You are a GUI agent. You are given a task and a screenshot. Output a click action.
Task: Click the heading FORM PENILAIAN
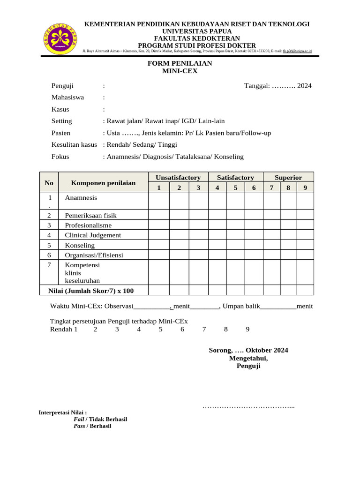(180, 63)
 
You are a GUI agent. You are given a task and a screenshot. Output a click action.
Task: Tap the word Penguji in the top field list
(62, 86)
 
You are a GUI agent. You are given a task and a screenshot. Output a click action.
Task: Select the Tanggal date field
(278, 86)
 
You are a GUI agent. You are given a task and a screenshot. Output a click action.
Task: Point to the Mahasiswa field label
(67, 97)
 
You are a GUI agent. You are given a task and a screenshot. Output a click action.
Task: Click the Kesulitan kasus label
(74, 145)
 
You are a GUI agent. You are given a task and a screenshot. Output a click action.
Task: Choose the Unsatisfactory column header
(178, 178)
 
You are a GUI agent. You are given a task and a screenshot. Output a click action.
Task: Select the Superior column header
(288, 178)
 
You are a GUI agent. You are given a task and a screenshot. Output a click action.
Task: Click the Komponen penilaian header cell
(103, 183)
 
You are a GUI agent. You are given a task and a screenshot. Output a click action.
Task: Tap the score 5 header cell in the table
(235, 188)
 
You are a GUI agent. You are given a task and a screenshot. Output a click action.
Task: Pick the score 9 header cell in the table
(305, 188)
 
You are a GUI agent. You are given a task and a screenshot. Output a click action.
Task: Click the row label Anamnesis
(81, 198)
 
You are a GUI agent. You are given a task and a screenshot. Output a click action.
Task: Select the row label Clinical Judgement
(93, 235)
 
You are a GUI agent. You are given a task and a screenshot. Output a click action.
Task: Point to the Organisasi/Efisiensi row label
(94, 255)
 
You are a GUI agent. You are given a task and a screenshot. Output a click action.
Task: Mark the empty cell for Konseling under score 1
(159, 245)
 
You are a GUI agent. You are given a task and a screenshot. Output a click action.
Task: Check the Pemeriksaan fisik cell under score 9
(305, 216)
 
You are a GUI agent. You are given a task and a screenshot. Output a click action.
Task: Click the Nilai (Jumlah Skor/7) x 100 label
(91, 291)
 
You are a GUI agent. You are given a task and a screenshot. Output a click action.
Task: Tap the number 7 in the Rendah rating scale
(204, 329)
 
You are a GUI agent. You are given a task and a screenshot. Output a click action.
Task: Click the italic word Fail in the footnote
(79, 419)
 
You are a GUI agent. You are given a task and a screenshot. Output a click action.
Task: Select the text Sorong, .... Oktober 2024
(248, 350)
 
